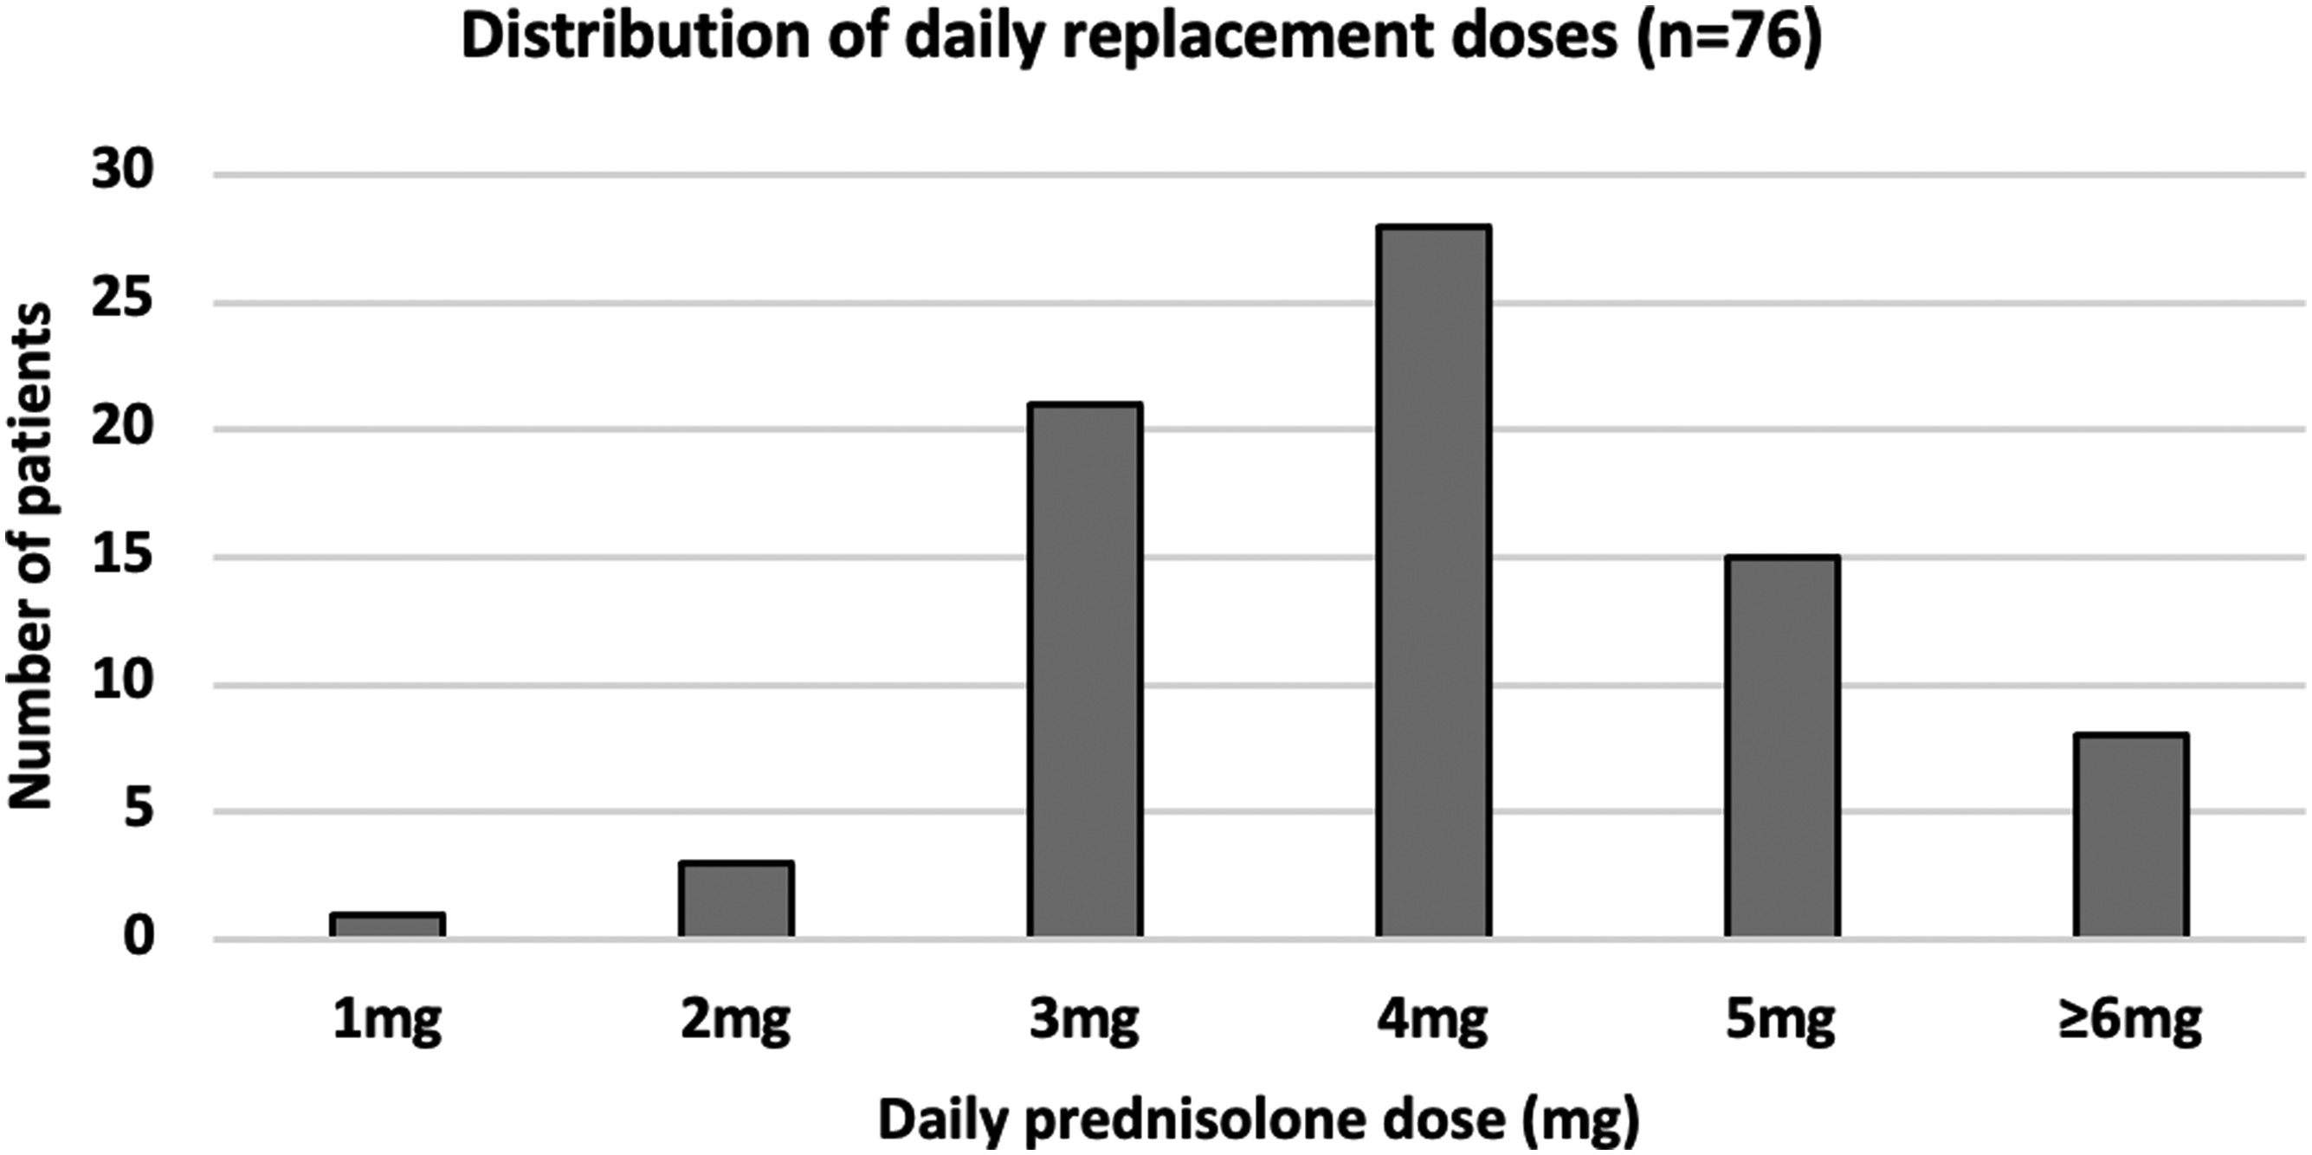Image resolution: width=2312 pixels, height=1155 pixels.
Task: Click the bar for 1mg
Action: (x=387, y=926)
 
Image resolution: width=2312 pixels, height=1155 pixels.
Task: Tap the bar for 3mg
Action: (x=1084, y=670)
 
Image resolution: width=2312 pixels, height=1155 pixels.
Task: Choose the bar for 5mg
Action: (x=1781, y=746)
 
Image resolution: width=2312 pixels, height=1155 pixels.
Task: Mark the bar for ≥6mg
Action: (x=2131, y=836)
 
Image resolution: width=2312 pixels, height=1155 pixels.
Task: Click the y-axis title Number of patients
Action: (x=32, y=557)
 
